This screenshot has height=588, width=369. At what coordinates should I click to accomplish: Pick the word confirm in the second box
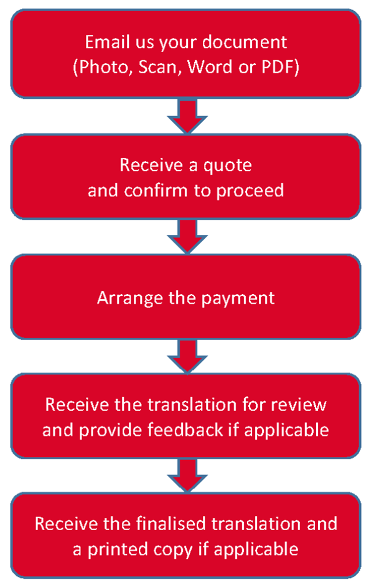click(156, 190)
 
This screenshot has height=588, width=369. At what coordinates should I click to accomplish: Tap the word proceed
click(250, 191)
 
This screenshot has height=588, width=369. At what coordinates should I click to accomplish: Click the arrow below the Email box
click(187, 116)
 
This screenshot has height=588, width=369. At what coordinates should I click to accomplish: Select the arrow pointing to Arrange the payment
click(187, 236)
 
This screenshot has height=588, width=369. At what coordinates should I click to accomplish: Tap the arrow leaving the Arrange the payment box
click(187, 356)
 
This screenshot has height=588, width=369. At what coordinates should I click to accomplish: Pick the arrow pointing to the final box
click(187, 475)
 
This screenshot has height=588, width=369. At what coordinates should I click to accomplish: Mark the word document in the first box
click(245, 42)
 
